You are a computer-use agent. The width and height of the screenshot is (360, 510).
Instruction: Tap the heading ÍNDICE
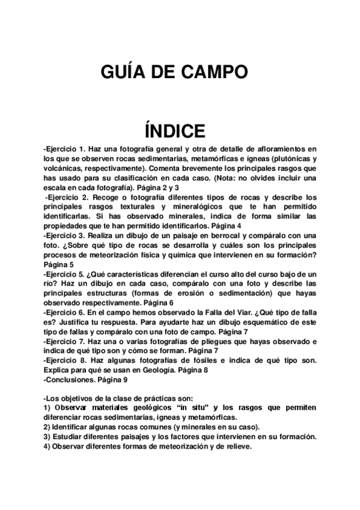[175, 130]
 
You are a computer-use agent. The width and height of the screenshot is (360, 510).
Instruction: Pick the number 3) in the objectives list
[47, 437]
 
